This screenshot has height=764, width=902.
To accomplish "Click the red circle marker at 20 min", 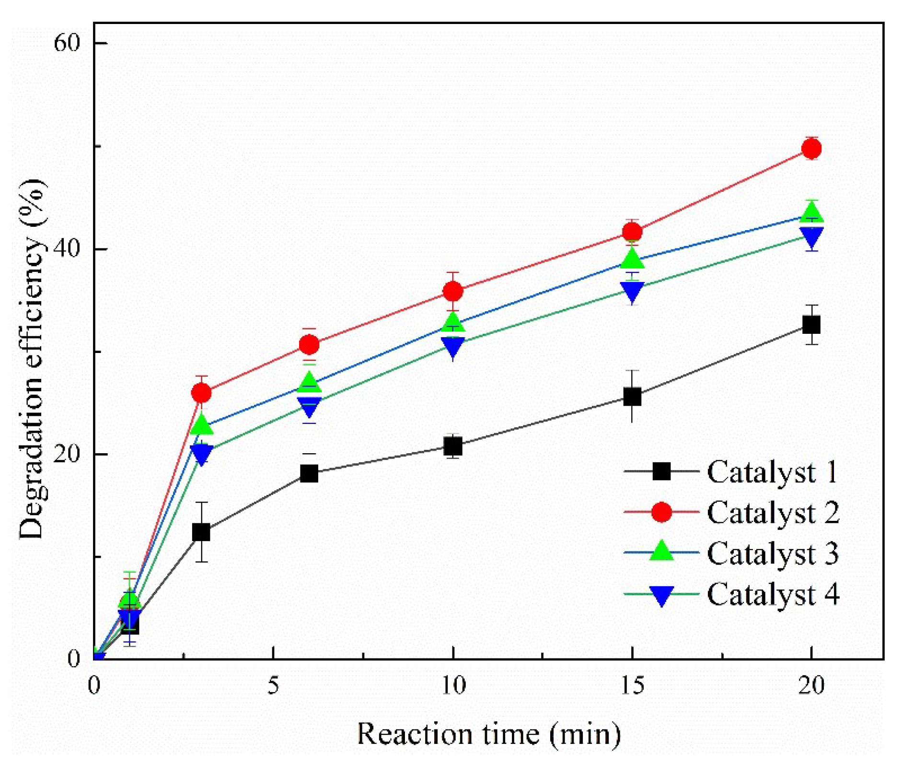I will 811,149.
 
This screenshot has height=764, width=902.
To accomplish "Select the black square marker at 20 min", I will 811,325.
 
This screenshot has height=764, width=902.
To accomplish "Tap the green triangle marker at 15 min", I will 632,259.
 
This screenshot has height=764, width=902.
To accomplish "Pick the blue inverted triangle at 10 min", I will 453,346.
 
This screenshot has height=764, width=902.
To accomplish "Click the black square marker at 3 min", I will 201,532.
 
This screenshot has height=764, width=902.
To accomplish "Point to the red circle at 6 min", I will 309,344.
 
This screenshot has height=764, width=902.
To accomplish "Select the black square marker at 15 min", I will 632,397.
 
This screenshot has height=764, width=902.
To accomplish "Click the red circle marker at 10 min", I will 453,291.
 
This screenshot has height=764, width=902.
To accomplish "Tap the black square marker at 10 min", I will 453,447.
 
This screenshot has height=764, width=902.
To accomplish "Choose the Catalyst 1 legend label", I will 772,472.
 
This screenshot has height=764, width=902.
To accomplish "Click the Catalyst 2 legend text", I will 772,512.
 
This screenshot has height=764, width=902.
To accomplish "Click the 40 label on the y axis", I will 66,249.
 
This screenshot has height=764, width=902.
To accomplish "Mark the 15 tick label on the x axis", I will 632,686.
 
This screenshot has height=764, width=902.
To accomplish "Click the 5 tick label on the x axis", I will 273,686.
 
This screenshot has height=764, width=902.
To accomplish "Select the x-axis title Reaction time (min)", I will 489,734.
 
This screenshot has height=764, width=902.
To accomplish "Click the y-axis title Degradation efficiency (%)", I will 32,360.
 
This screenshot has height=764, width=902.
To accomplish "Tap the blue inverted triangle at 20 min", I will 811,237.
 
